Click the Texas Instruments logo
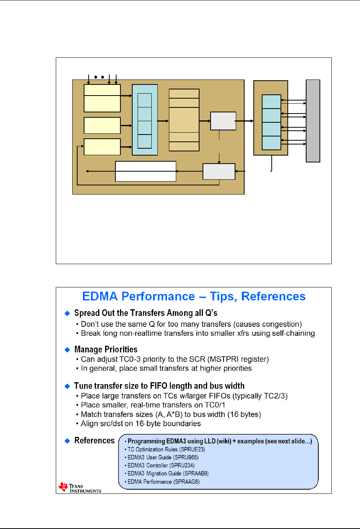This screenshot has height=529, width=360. click(x=79, y=488)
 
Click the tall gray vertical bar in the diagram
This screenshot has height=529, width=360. click(x=313, y=121)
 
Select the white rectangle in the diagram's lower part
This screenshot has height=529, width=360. click(x=146, y=171)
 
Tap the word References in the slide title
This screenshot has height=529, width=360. click(x=273, y=297)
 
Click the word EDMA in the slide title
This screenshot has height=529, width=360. click(x=100, y=297)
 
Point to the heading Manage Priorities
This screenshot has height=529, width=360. click(x=106, y=349)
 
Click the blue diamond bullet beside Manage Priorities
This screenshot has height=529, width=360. click(x=67, y=350)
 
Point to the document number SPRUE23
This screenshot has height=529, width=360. click(x=192, y=449)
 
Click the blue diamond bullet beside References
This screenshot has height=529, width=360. click(x=67, y=441)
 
